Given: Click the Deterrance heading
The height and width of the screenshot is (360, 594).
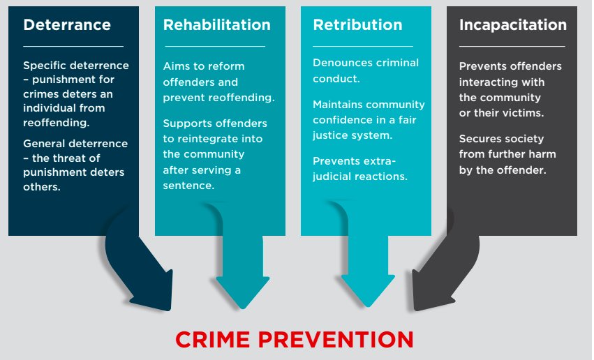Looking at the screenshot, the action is (x=67, y=25).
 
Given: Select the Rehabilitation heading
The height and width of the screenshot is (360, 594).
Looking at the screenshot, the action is (x=216, y=25).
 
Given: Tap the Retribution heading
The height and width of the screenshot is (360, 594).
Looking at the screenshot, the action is (x=357, y=25).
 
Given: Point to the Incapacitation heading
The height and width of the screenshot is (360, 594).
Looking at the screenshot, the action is (x=512, y=25).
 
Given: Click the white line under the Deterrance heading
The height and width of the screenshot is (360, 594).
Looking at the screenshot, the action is (x=73, y=46).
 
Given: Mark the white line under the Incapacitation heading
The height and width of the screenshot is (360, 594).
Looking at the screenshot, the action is (x=512, y=46).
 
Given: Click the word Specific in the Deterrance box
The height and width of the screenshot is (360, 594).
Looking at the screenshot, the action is (x=45, y=66).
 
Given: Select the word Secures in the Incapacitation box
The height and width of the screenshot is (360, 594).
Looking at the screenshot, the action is (x=480, y=138).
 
